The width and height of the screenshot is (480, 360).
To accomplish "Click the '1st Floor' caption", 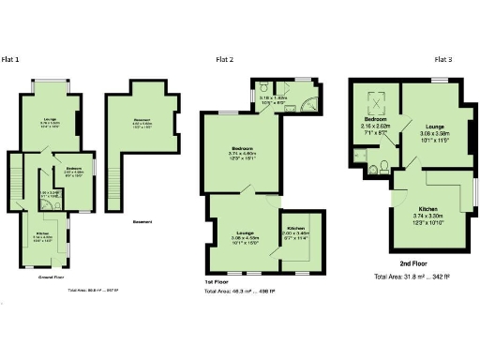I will pos(217,282).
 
